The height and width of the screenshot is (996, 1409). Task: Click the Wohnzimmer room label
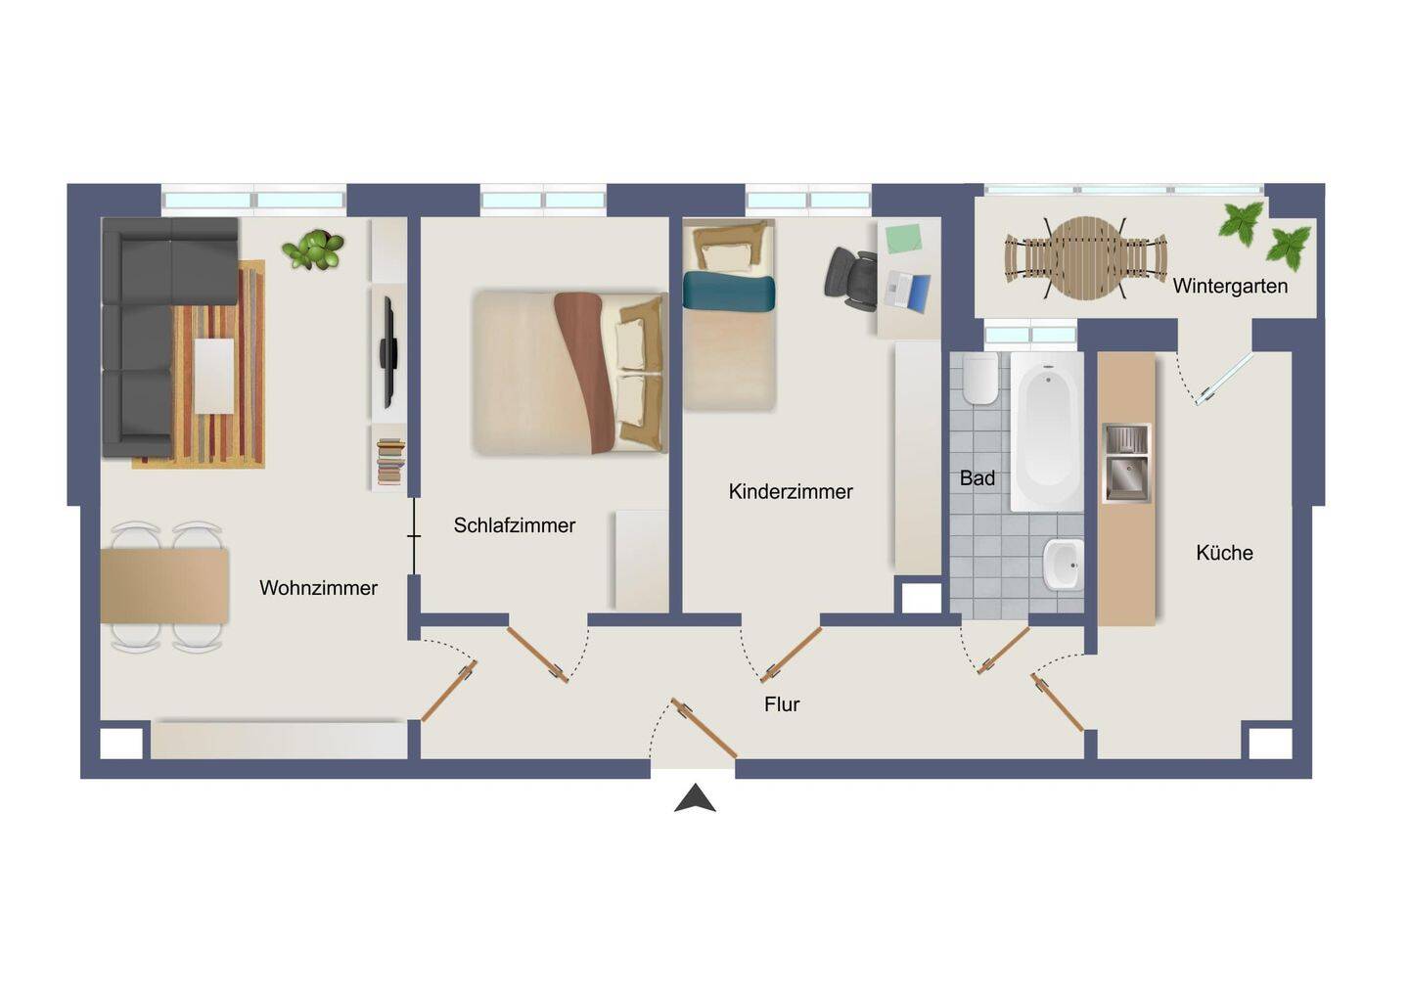pyautogui.click(x=318, y=588)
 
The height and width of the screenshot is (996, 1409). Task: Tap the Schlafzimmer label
pyautogui.click(x=515, y=525)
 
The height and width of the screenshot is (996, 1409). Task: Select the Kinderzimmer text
pyautogui.click(x=791, y=492)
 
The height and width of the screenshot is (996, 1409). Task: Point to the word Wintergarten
pyautogui.click(x=1230, y=287)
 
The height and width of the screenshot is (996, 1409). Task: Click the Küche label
pyautogui.click(x=1224, y=553)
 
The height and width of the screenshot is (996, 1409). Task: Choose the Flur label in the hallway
pyautogui.click(x=782, y=704)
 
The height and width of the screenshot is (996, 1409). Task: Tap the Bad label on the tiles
pyautogui.click(x=977, y=478)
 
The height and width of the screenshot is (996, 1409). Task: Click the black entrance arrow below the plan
pyautogui.click(x=695, y=798)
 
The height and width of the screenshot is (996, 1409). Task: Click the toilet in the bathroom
pyautogui.click(x=980, y=379)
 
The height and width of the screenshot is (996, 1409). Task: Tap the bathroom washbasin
pyautogui.click(x=1063, y=564)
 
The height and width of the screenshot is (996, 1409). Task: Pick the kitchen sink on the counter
pyautogui.click(x=1126, y=464)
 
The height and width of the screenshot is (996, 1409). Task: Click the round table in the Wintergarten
pyautogui.click(x=1085, y=257)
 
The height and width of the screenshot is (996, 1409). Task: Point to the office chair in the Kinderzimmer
pyautogui.click(x=851, y=279)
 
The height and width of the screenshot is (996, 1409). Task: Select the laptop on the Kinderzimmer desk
pyautogui.click(x=906, y=293)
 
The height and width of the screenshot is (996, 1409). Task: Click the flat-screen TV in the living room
pyautogui.click(x=388, y=352)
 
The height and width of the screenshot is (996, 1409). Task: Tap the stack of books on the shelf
pyautogui.click(x=390, y=462)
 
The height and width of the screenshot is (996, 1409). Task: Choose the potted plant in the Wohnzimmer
pyautogui.click(x=313, y=249)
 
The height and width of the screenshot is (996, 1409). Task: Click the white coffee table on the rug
pyautogui.click(x=214, y=376)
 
